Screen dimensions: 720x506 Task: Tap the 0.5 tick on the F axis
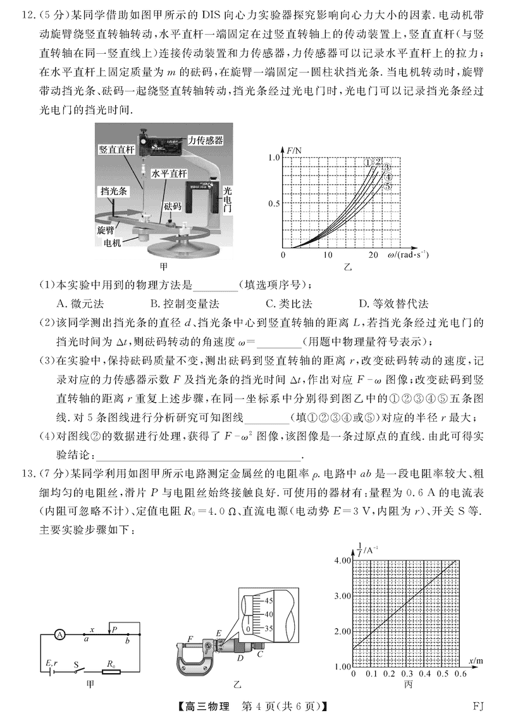click(273, 203)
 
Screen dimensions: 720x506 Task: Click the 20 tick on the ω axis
click(373, 255)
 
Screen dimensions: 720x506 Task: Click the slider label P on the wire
click(113, 629)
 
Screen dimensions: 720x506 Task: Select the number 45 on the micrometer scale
click(268, 600)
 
